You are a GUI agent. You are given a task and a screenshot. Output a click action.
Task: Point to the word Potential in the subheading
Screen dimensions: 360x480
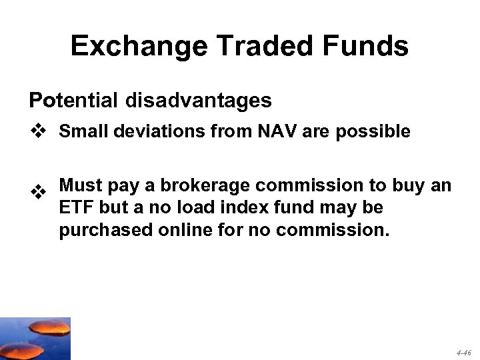(x=72, y=101)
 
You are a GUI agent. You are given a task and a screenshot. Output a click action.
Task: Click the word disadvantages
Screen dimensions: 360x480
(x=197, y=101)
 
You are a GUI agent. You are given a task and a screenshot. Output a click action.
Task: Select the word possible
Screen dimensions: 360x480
(x=373, y=132)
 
